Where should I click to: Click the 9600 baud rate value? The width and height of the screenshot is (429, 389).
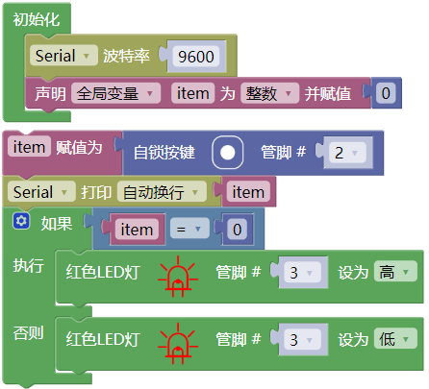pos(196,57)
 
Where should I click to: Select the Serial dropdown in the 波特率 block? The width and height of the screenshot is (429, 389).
pos(63,56)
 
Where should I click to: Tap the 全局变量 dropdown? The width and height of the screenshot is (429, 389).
pos(115,93)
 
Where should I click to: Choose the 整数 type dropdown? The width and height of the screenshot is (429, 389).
pos(269,93)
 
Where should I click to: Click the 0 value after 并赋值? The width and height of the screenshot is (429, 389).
pos(386,93)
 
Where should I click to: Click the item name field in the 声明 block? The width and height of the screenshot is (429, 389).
pos(192,93)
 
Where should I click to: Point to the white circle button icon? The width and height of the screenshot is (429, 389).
pos(227,153)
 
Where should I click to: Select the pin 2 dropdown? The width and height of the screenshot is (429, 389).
pos(347,153)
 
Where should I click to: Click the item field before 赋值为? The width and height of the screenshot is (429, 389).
pos(29,147)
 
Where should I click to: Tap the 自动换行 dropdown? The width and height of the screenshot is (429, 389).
pos(162,192)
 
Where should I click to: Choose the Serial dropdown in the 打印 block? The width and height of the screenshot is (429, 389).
pos(41,192)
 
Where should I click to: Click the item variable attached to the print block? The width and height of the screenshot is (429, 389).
pos(248,192)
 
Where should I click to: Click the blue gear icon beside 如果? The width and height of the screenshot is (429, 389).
pos(21,221)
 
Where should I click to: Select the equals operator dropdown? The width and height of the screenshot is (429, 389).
pos(189,229)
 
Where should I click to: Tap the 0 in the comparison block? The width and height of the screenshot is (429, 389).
pos(237,230)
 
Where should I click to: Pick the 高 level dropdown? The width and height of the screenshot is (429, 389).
pos(395,272)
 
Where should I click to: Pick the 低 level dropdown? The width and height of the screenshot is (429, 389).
pos(395,339)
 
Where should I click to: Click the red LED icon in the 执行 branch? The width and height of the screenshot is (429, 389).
pos(177,277)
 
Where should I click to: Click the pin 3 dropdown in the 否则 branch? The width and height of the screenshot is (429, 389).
pos(302,339)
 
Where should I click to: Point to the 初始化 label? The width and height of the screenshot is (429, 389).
pos(37,19)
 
